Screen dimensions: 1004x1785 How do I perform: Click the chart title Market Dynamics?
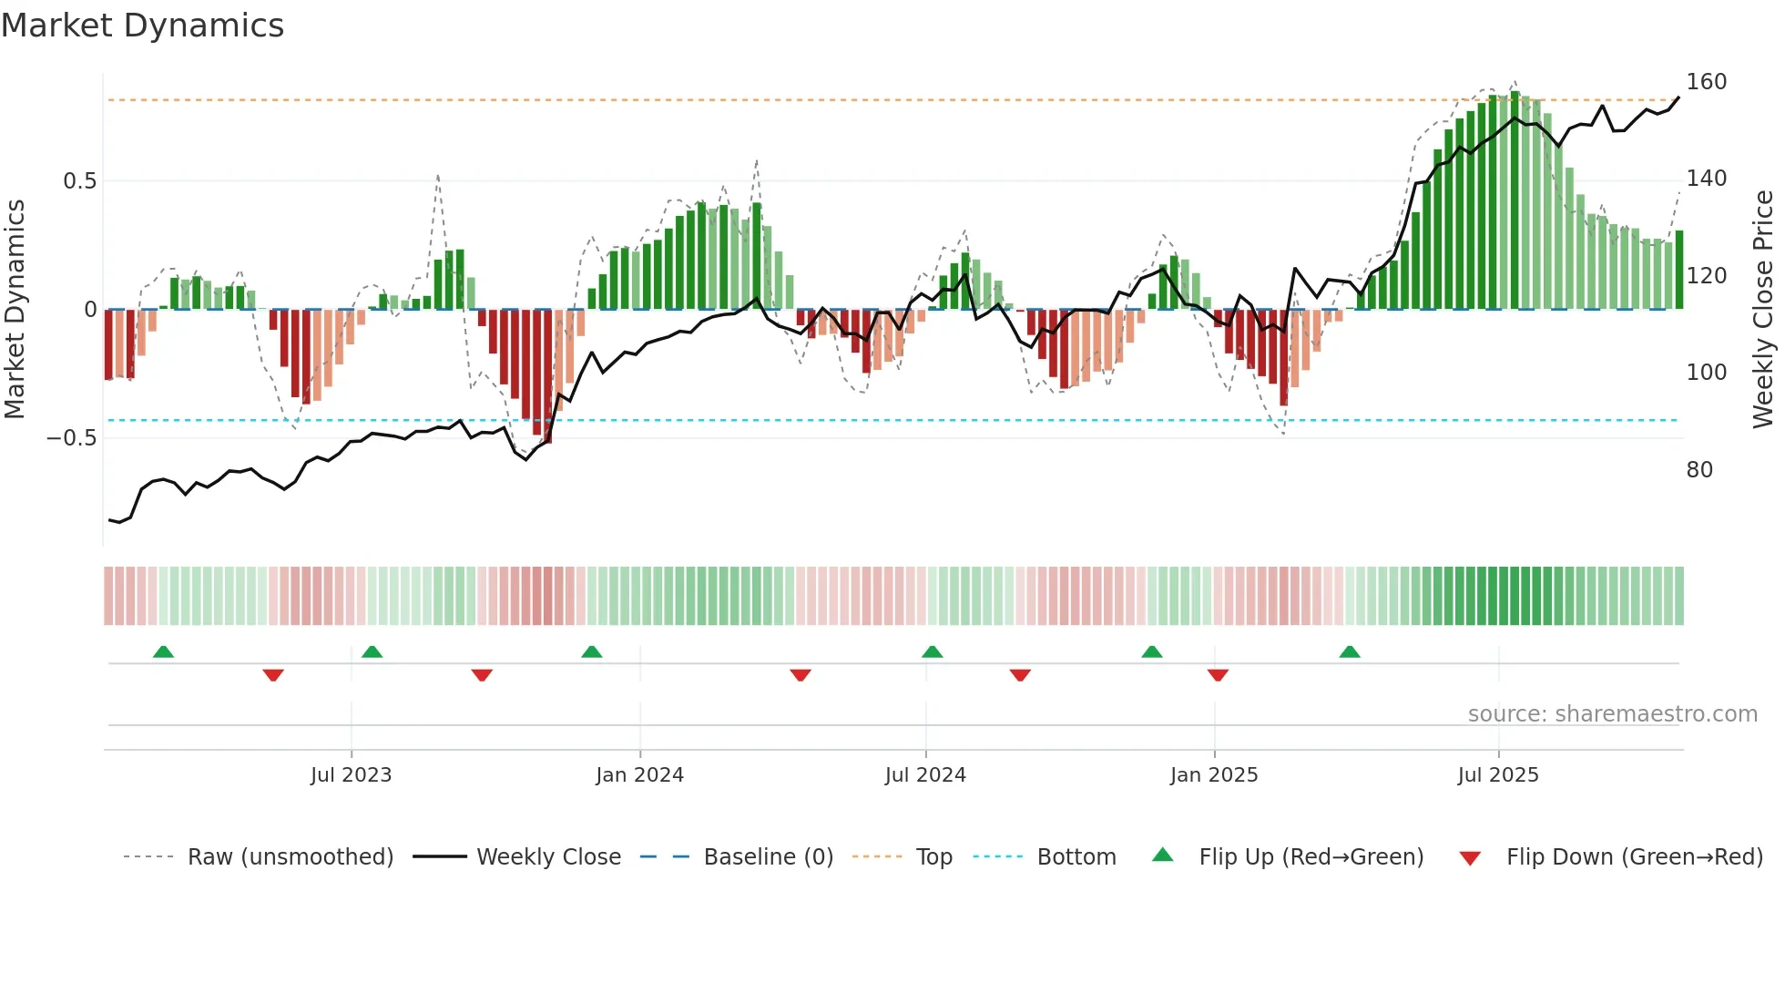click(142, 26)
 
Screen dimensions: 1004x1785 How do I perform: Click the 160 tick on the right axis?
click(1706, 82)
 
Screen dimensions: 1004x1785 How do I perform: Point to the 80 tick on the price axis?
click(1699, 470)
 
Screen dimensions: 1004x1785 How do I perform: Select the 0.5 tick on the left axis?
click(79, 181)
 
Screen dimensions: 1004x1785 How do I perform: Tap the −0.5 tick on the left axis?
click(71, 438)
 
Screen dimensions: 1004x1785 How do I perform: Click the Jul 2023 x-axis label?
click(351, 775)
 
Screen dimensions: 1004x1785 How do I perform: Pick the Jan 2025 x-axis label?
click(1213, 775)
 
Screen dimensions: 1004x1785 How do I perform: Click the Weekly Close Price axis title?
click(1763, 310)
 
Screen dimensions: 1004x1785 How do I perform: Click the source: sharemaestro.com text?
click(1612, 714)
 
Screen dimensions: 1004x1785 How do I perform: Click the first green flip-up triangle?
click(163, 652)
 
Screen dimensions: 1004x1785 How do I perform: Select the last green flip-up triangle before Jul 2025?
click(1350, 652)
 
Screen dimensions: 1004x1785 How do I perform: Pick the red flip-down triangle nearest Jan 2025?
click(1218, 675)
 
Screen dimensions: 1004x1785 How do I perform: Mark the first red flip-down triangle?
click(273, 675)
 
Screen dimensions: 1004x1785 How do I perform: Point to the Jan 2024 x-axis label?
click(639, 775)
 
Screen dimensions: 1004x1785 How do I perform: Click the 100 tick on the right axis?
click(1706, 373)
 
